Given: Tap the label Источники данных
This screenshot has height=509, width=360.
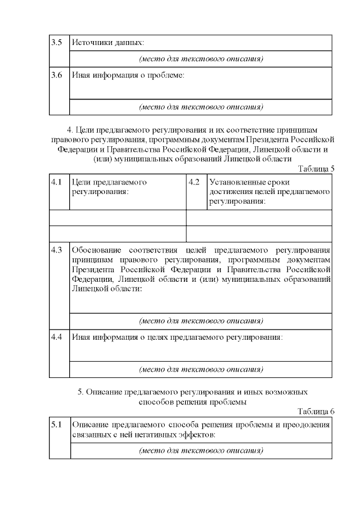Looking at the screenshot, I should click(107, 43).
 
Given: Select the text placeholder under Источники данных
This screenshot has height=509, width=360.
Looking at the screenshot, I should click(201, 59).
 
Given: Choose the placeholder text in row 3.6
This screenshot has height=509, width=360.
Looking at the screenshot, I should click(201, 106).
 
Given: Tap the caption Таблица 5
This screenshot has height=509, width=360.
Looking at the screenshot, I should click(316, 168).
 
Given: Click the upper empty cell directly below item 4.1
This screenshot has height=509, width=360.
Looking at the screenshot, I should click(118, 218).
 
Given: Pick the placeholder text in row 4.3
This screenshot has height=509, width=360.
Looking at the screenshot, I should click(201, 321).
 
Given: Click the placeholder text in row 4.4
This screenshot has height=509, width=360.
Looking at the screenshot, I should click(201, 370).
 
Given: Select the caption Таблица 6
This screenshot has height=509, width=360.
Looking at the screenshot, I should click(316, 412).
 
